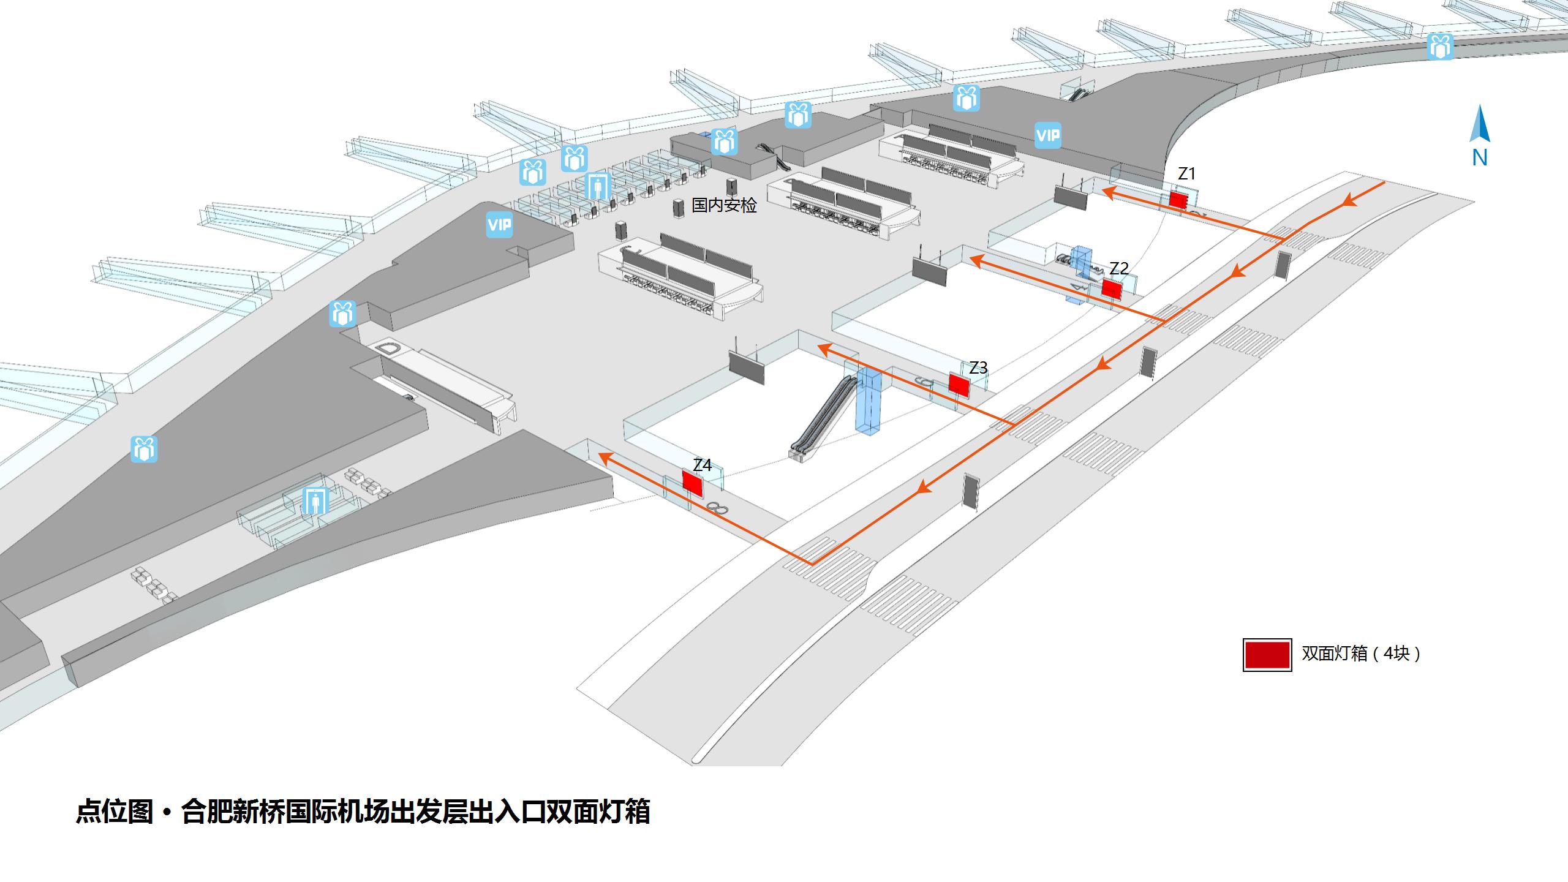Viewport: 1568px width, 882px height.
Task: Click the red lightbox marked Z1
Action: tap(1178, 200)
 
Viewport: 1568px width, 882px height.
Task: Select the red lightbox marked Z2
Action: tap(1111, 288)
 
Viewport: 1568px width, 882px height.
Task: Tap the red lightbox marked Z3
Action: tap(959, 384)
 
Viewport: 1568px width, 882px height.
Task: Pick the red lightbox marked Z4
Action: tap(692, 483)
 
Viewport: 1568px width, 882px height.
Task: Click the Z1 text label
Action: tap(1186, 174)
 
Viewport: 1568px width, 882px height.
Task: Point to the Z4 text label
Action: tap(702, 466)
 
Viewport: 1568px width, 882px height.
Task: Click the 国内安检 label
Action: tap(724, 205)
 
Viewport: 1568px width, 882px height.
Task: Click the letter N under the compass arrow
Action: tap(1479, 158)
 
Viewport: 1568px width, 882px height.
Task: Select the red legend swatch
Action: tap(1267, 655)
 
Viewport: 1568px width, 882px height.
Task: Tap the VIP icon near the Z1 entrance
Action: tap(1047, 135)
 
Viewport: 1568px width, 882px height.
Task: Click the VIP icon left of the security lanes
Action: tap(499, 225)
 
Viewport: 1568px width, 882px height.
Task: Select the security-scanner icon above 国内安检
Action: tap(597, 185)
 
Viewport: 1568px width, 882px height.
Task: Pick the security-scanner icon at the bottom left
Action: tap(315, 501)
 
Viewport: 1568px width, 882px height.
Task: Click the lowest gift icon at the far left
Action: tap(144, 449)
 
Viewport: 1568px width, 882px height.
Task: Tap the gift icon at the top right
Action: tap(1440, 47)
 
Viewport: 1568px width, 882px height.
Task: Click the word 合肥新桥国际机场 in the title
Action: tap(285, 812)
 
